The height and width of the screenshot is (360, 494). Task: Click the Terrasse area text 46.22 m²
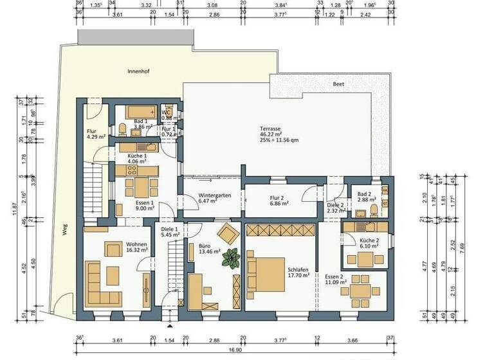tap(271, 134)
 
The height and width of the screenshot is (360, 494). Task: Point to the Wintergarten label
tap(214, 195)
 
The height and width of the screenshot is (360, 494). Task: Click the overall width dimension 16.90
tap(237, 352)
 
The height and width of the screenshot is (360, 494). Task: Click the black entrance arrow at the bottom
tap(169, 310)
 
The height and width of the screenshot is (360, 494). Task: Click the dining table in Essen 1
tap(138, 187)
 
